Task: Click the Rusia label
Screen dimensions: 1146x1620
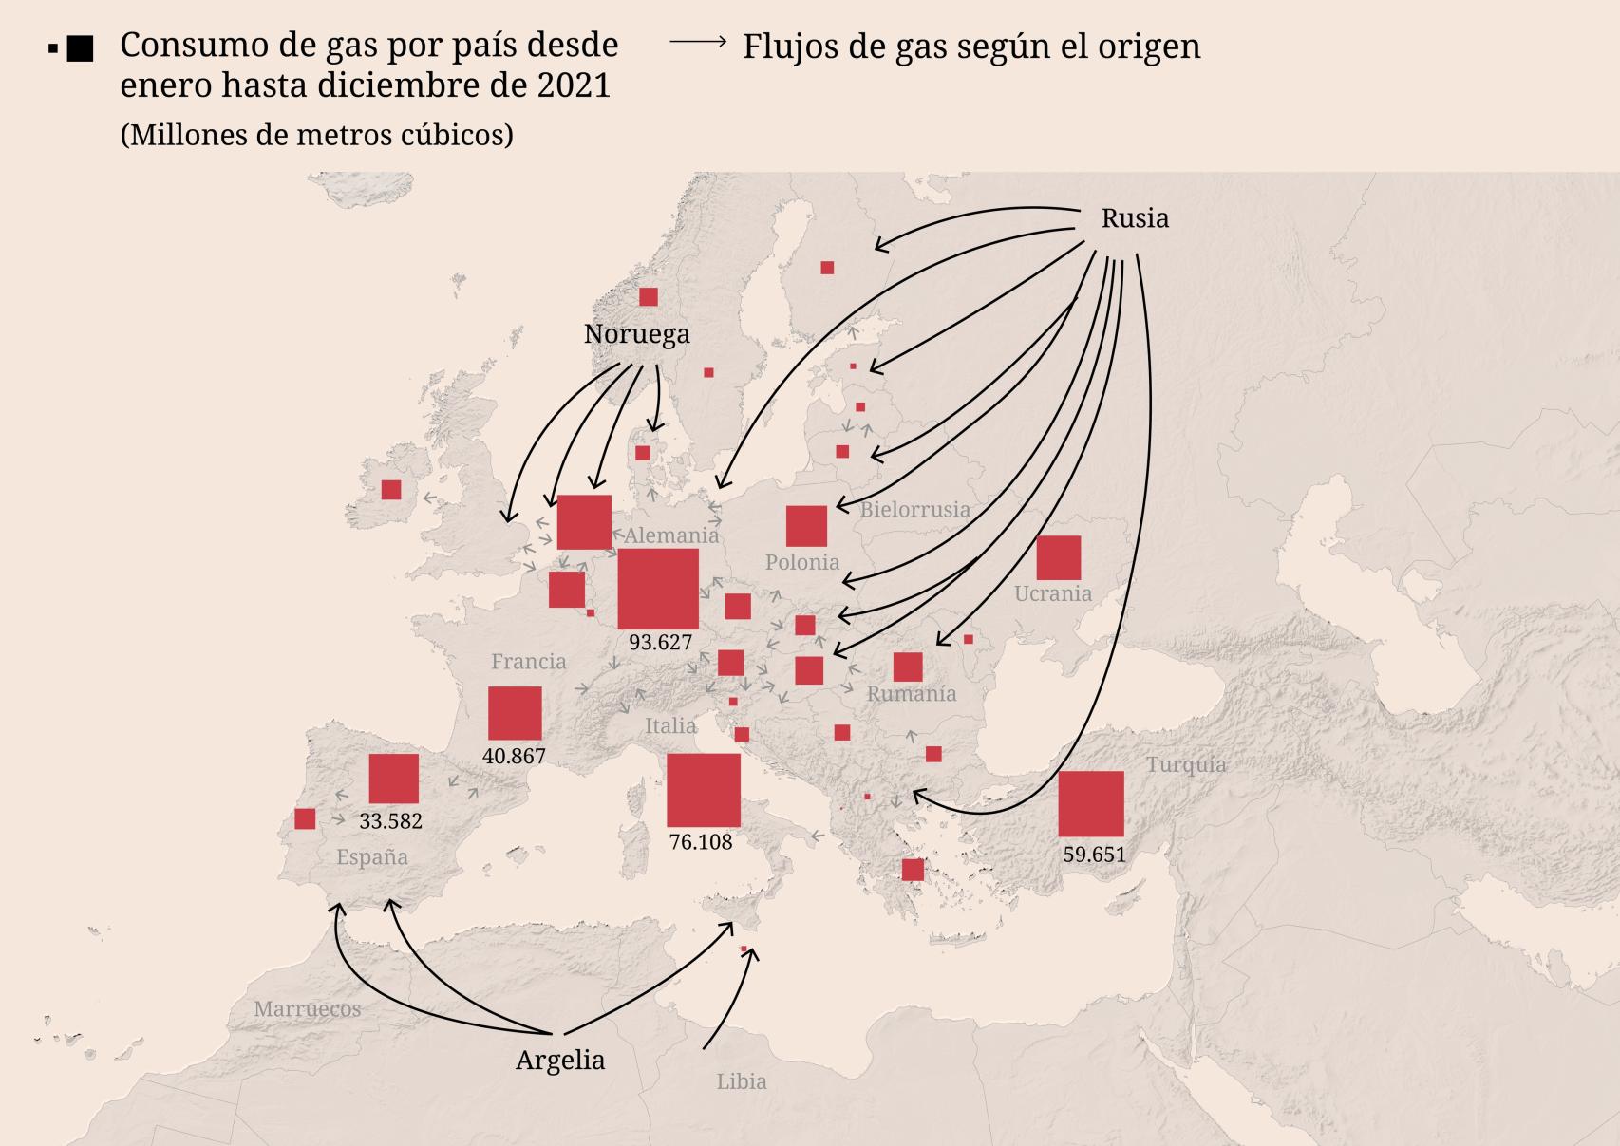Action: click(1135, 218)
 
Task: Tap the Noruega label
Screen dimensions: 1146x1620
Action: click(636, 334)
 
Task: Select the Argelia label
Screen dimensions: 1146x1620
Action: click(560, 1060)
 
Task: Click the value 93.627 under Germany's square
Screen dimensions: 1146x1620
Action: click(660, 642)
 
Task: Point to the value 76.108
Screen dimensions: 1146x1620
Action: click(701, 841)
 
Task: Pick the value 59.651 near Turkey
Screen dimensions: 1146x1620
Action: click(1094, 854)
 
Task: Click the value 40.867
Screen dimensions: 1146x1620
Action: click(514, 756)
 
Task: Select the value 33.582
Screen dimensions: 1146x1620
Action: click(390, 820)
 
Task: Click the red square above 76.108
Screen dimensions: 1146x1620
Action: click(703, 790)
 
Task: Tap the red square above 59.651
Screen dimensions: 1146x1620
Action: click(1090, 803)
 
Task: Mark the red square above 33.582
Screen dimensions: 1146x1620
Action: click(393, 779)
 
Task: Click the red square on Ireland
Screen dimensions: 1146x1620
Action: click(391, 490)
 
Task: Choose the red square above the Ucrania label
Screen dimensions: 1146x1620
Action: click(1058, 557)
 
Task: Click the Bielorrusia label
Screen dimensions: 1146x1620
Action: click(914, 510)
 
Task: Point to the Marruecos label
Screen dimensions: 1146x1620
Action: click(307, 1008)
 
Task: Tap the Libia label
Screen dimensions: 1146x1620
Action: click(742, 1080)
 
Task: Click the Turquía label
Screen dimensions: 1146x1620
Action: click(1185, 764)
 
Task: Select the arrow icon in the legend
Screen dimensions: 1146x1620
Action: click(698, 42)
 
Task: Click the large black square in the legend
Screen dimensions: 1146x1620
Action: click(81, 49)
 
